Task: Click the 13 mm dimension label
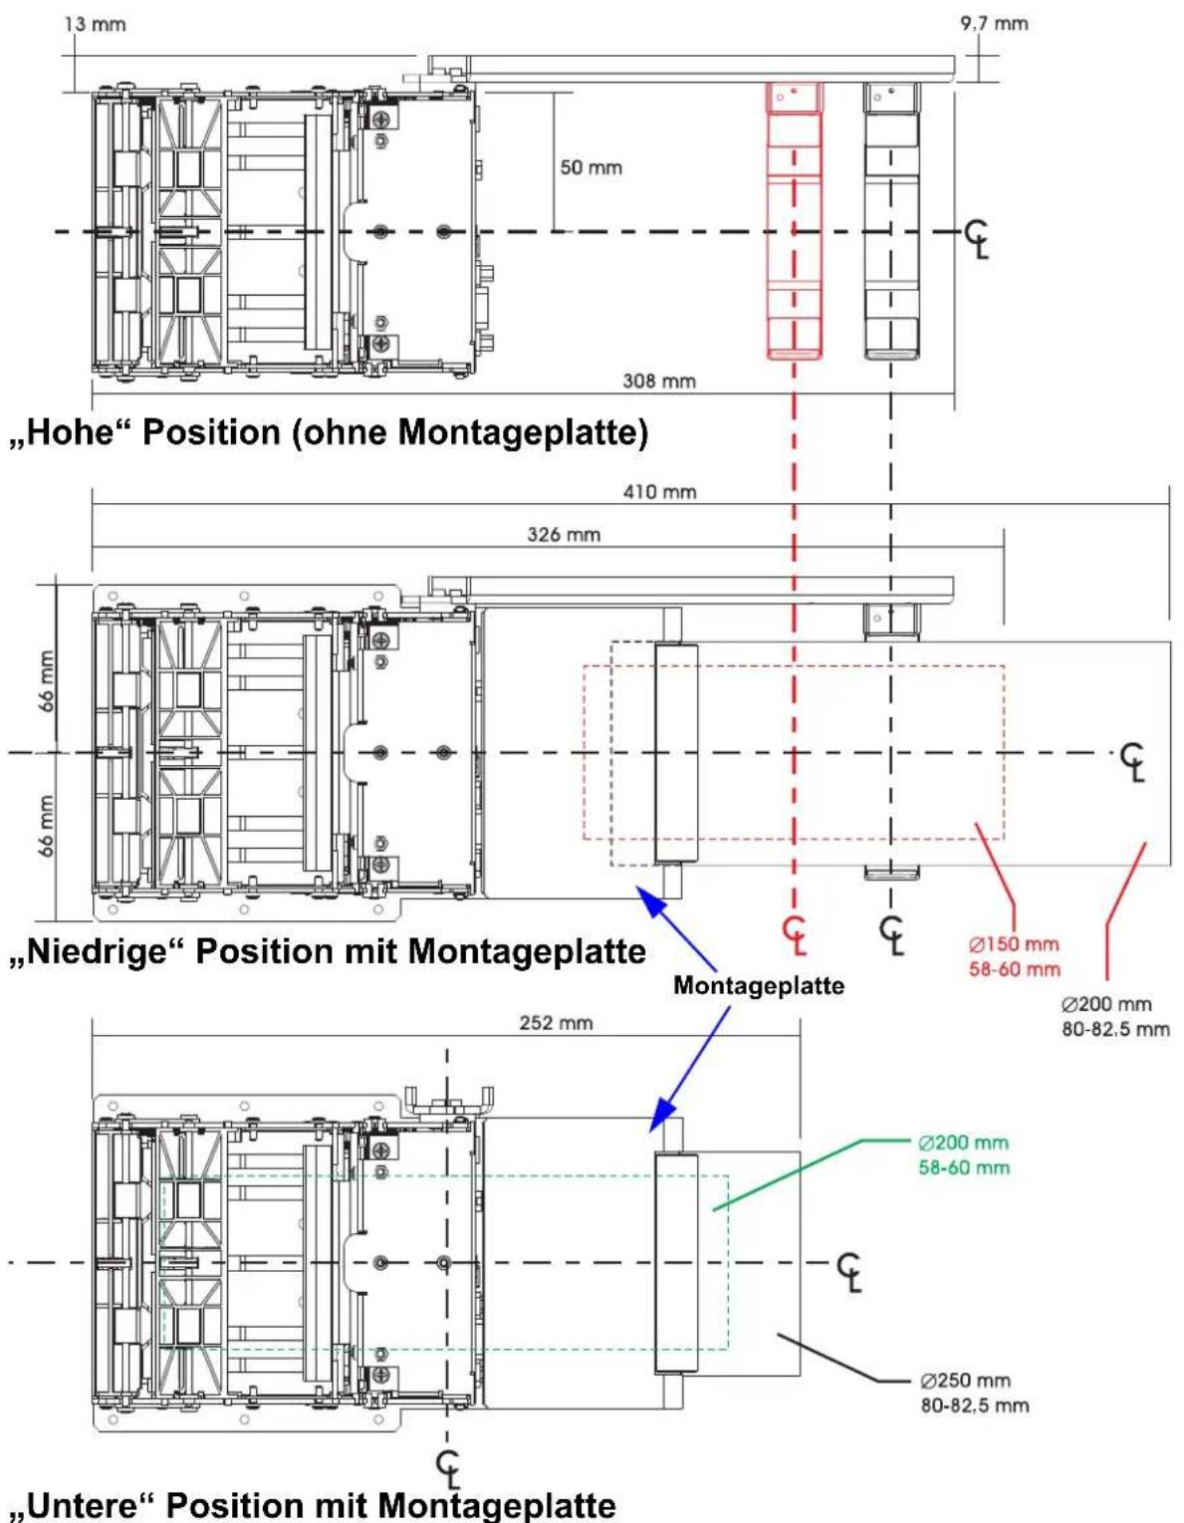coord(95,25)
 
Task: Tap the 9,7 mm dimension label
coord(994,24)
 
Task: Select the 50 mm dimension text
coord(591,167)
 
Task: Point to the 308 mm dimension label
coord(659,381)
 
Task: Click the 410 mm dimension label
coord(660,492)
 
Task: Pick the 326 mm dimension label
coord(564,535)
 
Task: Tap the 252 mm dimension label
coord(556,1023)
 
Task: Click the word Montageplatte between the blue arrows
coord(759,985)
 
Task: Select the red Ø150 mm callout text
coord(1014,945)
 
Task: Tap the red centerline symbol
coord(796,934)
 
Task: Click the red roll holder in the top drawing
coord(794,221)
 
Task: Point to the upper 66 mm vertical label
coord(46,681)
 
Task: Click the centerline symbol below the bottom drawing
coord(448,1470)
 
